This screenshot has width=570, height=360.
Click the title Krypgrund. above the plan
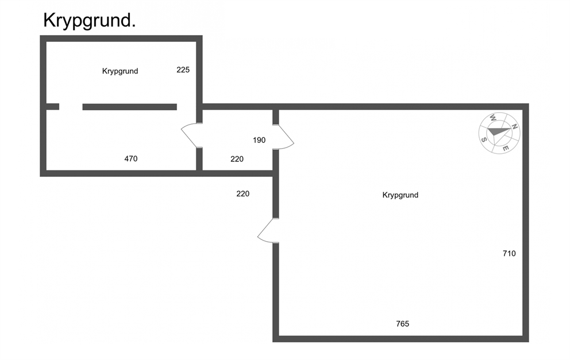[90, 21]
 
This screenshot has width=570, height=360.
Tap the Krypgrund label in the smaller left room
[120, 71]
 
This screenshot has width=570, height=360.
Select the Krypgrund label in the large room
[400, 195]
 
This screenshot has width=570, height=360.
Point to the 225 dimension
[183, 69]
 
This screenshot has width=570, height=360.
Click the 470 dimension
[131, 158]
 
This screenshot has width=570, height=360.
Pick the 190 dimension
[259, 140]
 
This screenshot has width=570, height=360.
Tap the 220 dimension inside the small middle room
[237, 158]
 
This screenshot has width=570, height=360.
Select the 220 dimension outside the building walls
[243, 193]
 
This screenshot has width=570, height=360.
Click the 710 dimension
[509, 254]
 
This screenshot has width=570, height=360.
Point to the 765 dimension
[402, 324]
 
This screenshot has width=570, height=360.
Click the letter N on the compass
[514, 126]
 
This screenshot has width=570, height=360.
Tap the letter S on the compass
[484, 140]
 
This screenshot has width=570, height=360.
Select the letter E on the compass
[506, 148]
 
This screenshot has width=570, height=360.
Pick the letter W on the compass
[492, 118]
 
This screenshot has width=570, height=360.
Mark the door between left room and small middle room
[190, 135]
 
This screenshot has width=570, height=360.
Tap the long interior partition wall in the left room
[130, 107]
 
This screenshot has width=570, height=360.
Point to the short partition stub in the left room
[52, 106]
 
